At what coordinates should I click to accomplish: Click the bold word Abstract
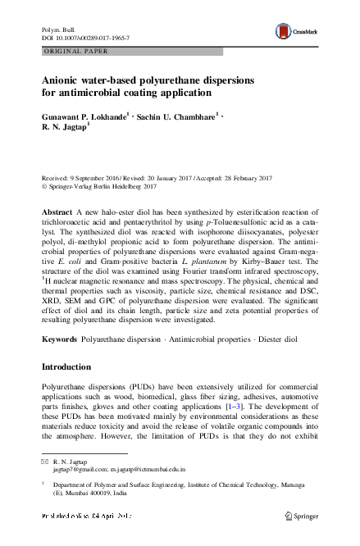click(x=57, y=212)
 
